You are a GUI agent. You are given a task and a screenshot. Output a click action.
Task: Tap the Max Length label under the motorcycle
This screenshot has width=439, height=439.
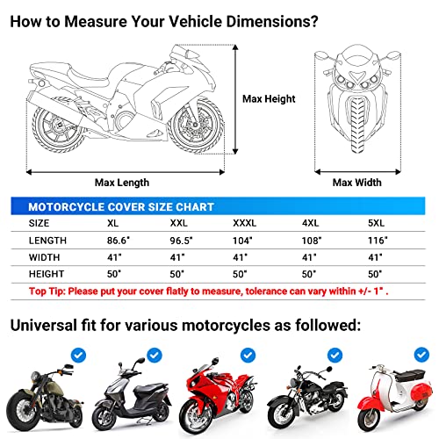(x=121, y=183)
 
